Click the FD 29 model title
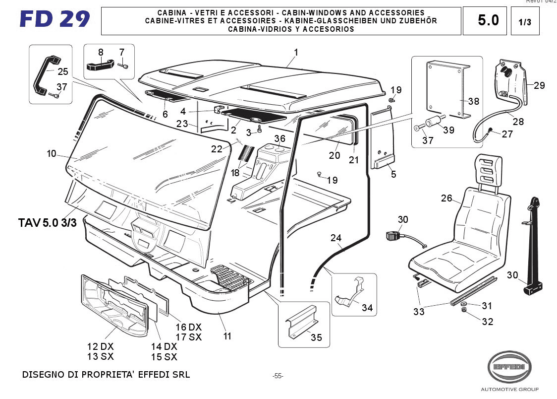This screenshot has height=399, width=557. tap(55, 19)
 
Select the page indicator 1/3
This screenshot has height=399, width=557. tap(524, 22)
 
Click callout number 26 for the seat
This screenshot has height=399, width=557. tap(446, 199)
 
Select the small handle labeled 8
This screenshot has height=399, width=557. tap(101, 65)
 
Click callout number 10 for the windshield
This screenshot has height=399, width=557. tap(52, 154)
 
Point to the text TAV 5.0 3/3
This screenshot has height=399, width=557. tap(48, 223)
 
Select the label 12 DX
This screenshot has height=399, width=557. tap(100, 346)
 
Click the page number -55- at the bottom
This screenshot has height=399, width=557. tap(278, 376)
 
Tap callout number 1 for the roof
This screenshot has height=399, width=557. tap(296, 52)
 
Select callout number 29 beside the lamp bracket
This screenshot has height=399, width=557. tap(539, 85)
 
